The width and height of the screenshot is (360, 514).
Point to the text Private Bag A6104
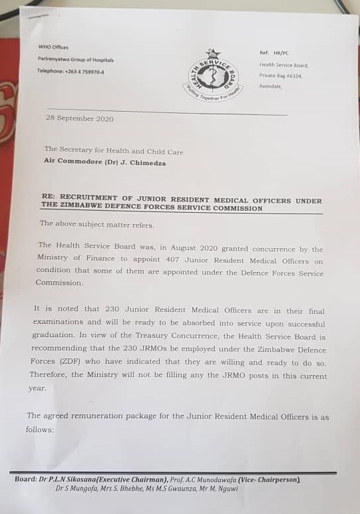click(280, 76)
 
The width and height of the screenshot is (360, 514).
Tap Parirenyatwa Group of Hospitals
click(75, 59)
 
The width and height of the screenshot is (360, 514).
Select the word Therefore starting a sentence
click(49, 374)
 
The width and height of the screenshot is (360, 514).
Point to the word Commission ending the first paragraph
click(61, 283)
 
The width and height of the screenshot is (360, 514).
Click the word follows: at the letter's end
click(41, 430)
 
